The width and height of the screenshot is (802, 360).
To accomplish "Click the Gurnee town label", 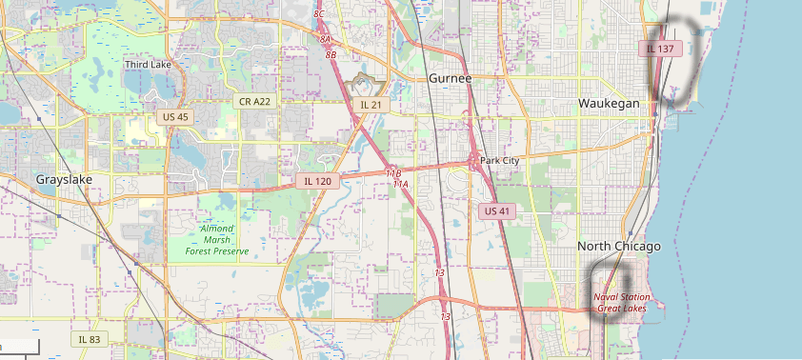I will tap(450, 78).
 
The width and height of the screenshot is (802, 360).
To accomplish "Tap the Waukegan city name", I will tap(609, 103).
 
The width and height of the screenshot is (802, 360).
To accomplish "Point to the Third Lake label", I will tap(149, 65).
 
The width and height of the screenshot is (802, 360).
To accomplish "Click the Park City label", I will tap(500, 161).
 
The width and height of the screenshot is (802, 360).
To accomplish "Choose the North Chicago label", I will tap(618, 247).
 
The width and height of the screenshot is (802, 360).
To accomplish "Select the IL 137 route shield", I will tap(660, 49).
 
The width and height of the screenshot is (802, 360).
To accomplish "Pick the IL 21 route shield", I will tap(371, 104).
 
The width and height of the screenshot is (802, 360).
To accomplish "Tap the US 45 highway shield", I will tap(176, 116).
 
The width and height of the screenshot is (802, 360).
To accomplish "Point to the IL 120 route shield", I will tap(316, 180).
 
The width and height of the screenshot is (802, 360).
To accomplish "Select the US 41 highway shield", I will tap(497, 211).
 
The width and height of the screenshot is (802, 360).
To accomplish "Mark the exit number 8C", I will tap(319, 13).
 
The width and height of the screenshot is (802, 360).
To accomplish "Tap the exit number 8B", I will tap(331, 55).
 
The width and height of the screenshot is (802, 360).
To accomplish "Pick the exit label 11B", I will tap(393, 173).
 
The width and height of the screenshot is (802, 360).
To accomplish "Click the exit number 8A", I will tap(325, 39).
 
